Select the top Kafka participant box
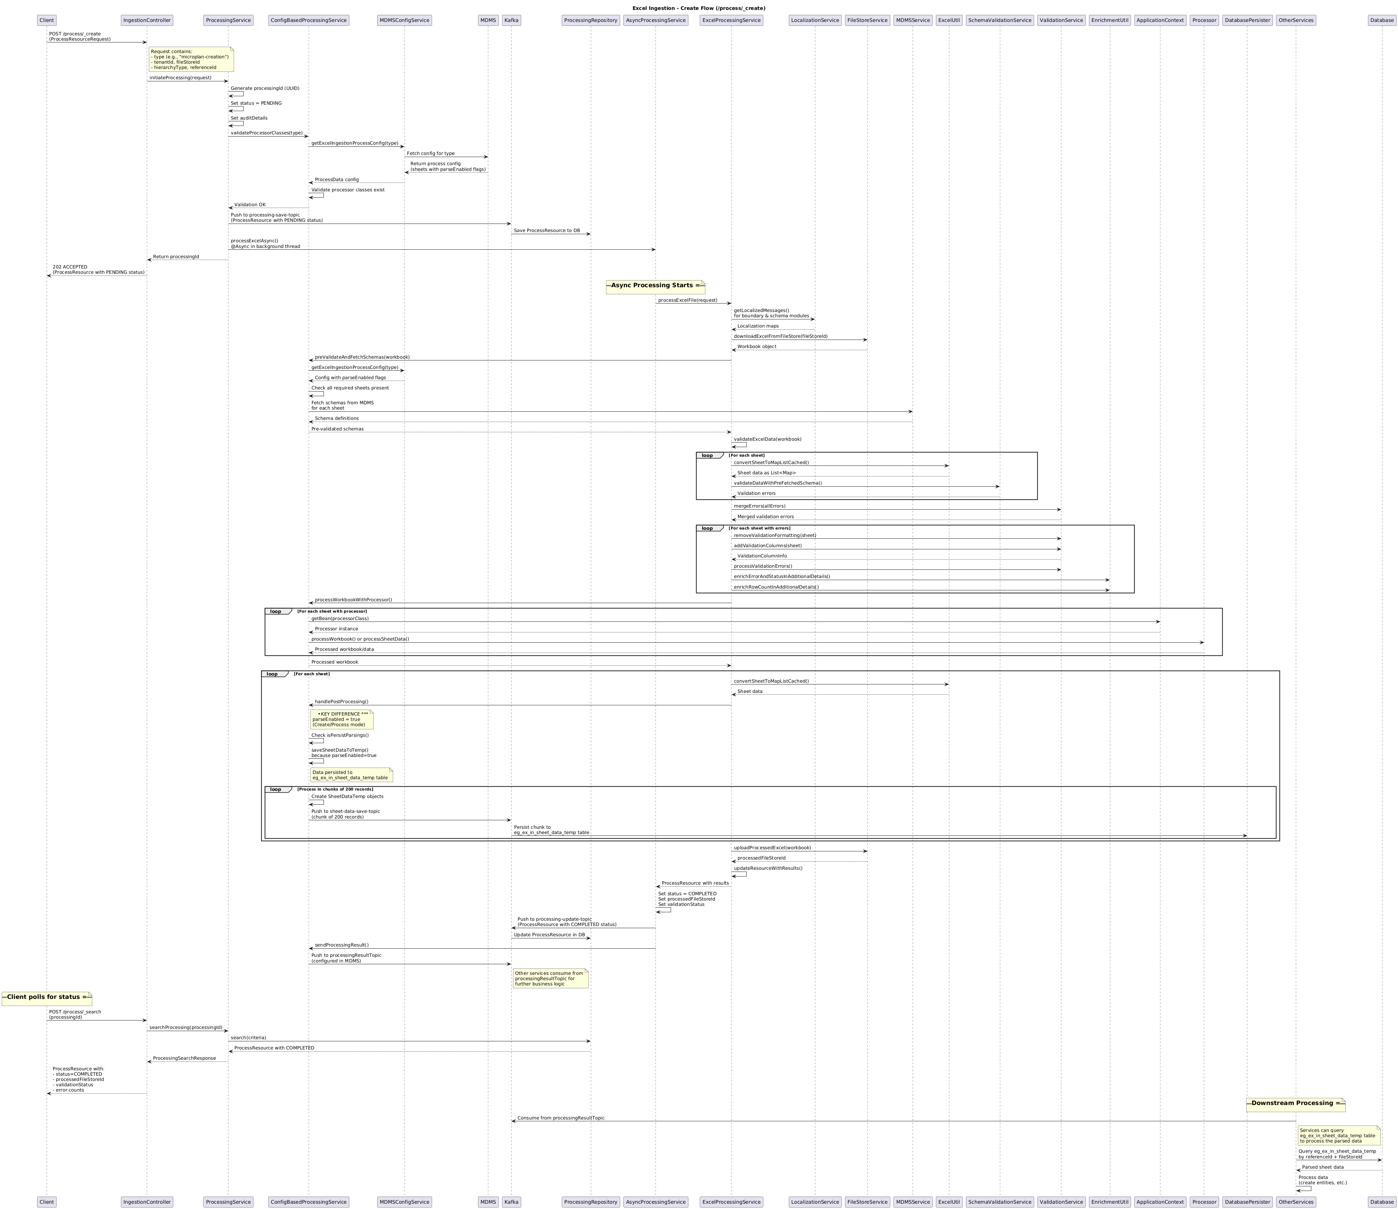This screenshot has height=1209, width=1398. coord(511,20)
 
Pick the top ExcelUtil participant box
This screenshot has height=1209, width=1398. coord(949,20)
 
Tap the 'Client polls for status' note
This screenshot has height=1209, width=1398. coord(47,999)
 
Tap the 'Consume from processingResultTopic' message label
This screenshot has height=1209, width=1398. coord(561,1118)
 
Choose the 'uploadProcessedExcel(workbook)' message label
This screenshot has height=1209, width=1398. coord(773,848)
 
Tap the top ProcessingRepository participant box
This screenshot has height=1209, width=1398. coord(591,20)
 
